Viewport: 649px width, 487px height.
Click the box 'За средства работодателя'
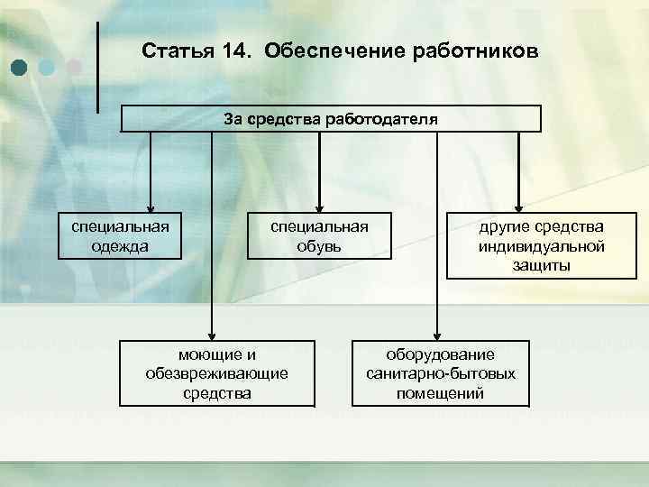click(331, 119)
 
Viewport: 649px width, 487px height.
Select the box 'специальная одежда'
click(119, 235)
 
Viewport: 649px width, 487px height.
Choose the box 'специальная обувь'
click(319, 235)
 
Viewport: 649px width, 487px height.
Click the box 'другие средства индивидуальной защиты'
click(528, 244)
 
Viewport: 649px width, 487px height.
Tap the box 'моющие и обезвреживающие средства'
click(215, 373)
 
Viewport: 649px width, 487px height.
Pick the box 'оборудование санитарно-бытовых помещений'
click(440, 373)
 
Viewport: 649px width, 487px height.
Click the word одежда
click(119, 245)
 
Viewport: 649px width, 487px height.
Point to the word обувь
click(319, 245)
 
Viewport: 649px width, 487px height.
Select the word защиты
click(528, 265)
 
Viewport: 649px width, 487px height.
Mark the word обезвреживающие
click(215, 373)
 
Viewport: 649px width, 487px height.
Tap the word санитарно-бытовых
click(440, 373)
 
